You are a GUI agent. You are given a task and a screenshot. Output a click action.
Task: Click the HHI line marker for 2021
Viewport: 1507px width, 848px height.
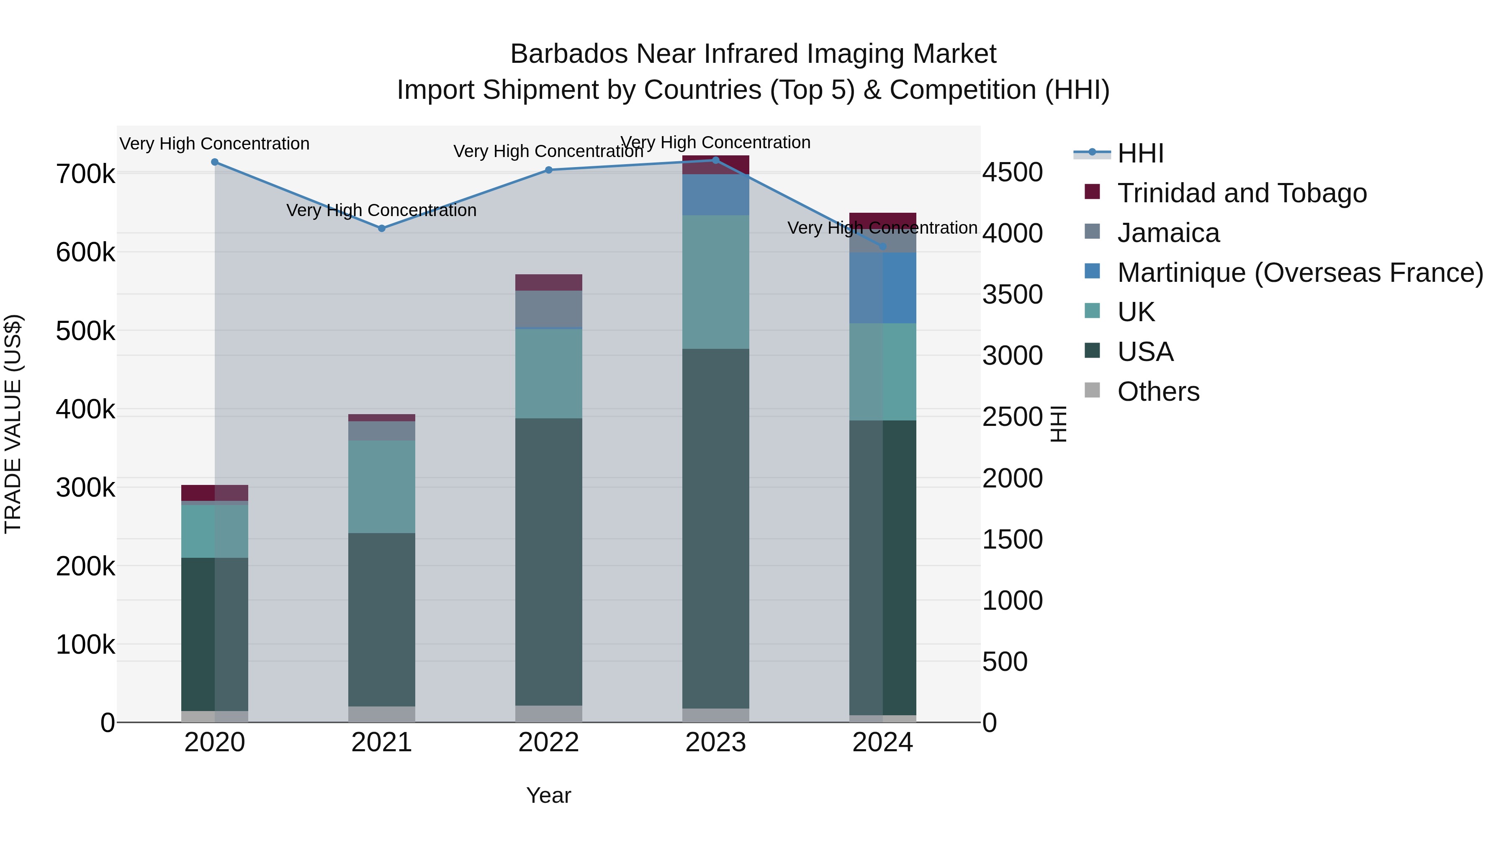(381, 228)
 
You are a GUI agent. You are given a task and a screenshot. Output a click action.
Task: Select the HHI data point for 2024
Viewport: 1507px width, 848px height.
(883, 246)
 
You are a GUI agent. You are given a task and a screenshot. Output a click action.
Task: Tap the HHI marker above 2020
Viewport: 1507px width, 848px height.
(215, 162)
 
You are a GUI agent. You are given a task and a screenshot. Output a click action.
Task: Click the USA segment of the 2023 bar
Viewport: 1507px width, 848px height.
(715, 527)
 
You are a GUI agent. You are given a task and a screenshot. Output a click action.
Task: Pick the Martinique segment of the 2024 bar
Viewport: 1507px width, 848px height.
(883, 288)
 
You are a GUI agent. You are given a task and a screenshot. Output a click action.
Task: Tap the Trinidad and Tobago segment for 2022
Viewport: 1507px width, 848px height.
(549, 283)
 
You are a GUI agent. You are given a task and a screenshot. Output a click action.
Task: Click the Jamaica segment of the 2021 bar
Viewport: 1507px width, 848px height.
(381, 431)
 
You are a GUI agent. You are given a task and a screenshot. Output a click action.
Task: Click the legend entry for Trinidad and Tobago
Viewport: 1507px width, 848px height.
(1242, 193)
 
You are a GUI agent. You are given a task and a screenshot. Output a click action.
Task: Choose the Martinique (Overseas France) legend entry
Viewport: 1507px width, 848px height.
(1300, 273)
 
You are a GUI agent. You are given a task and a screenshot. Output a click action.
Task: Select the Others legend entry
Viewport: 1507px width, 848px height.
(1158, 392)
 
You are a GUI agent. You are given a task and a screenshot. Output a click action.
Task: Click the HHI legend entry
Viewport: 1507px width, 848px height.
(1139, 153)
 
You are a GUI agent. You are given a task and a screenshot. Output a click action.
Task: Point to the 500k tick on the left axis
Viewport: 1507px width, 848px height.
(85, 331)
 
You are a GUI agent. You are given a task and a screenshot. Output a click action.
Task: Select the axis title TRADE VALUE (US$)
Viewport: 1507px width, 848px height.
(13, 424)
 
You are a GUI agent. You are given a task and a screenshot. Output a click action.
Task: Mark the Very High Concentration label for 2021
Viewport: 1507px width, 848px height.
(381, 210)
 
